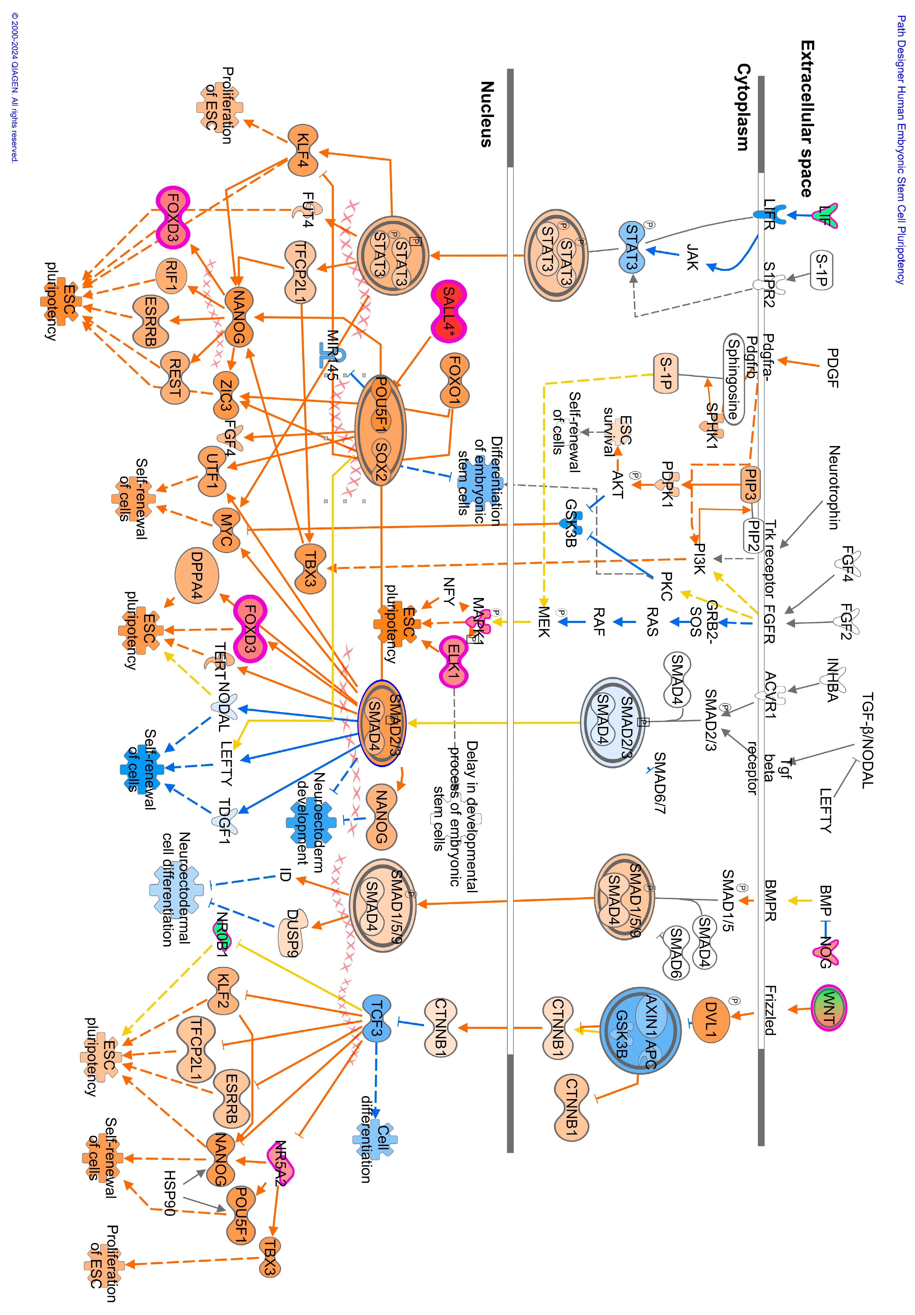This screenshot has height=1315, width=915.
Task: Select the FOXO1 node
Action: [x=455, y=380]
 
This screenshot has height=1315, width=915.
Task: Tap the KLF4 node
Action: [x=303, y=150]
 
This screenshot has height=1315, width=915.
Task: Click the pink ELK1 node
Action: [x=453, y=661]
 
